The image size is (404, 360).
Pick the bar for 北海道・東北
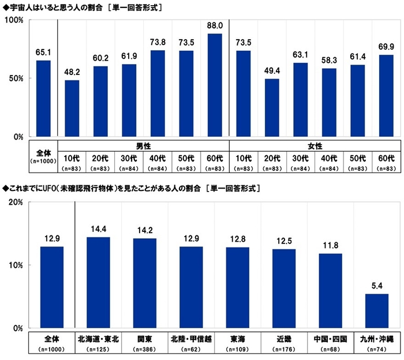pos(98,283)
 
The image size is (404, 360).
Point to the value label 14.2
pos(144,230)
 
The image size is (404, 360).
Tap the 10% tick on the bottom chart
pos(15,265)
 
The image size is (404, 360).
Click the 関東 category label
pos(144,339)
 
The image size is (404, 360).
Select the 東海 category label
pos(237,339)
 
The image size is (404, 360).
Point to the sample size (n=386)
pos(144,348)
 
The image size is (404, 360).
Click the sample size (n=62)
pos(190,348)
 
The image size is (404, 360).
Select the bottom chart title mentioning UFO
pos(133,187)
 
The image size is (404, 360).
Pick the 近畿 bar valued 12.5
pos(284,288)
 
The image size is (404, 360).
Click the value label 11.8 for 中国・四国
pos(330,245)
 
